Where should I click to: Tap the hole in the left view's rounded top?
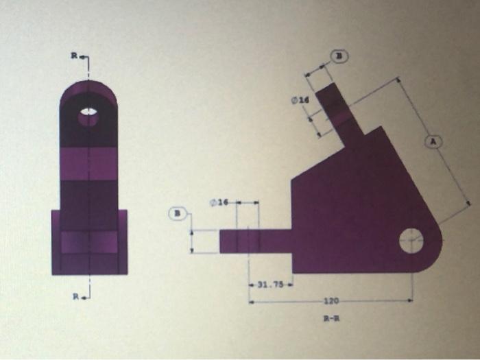pyautogui.click(x=88, y=115)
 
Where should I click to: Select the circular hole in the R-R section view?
pyautogui.click(x=413, y=240)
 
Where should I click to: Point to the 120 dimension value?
pyautogui.click(x=331, y=301)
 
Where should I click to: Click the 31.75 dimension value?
pyautogui.click(x=270, y=285)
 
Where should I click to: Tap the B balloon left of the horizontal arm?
pyautogui.click(x=178, y=213)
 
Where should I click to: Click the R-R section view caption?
pyautogui.click(x=331, y=319)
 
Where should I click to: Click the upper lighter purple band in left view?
pyautogui.click(x=88, y=164)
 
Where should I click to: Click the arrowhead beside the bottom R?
pyautogui.click(x=87, y=296)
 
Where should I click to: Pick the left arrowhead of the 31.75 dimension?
pyautogui.click(x=251, y=285)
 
